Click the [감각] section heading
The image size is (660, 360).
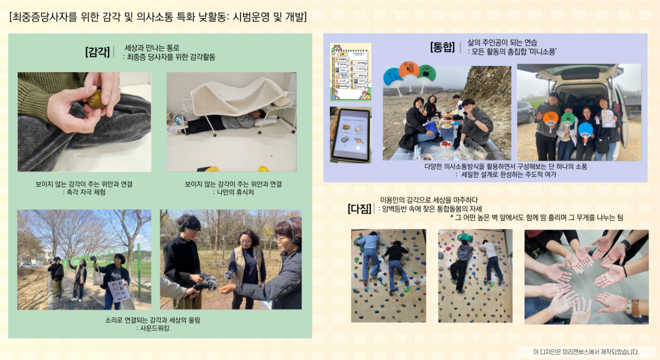pyautogui.click(x=98, y=52)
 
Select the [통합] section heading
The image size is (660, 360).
pyautogui.click(x=443, y=47)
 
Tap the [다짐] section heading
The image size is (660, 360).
pyautogui.click(x=359, y=209)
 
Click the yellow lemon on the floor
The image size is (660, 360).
pyautogui.click(x=262, y=169)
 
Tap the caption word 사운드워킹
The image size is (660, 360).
pyautogui.click(x=152, y=328)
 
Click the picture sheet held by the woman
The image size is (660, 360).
pyautogui.click(x=118, y=290)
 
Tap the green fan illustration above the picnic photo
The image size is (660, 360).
pyautogui.click(x=426, y=74)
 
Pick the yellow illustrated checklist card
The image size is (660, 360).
pyautogui.click(x=350, y=71)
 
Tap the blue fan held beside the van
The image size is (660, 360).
pyautogui.click(x=586, y=129)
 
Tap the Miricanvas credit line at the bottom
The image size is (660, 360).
pyautogui.click(x=586, y=352)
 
